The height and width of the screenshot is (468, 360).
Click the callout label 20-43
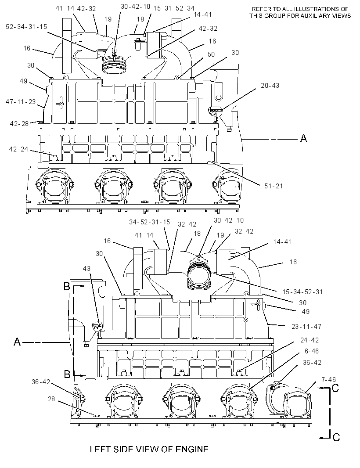[270, 86]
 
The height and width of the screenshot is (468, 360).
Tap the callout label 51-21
[274, 186]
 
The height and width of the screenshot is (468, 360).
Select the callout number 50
[211, 54]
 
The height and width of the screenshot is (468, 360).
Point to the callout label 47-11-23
[21, 102]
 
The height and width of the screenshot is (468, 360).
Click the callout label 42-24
[18, 149]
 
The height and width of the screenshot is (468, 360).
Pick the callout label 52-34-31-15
[26, 27]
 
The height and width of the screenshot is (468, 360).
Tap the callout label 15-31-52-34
[174, 8]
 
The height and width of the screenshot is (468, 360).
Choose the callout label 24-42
[310, 340]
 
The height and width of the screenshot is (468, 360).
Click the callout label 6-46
[312, 351]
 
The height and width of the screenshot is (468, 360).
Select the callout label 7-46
[329, 380]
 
